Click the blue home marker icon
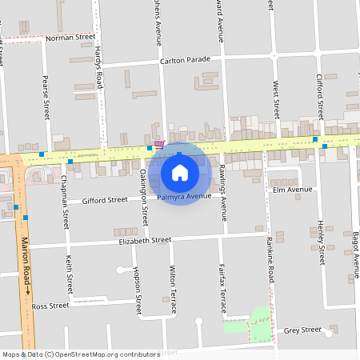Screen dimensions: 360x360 180,172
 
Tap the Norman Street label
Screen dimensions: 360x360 70,37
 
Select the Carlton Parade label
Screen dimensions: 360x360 185,59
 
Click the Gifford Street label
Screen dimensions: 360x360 105,200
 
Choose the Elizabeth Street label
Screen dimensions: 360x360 145,240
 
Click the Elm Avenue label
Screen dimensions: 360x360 292,190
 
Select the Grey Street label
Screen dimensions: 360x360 302,330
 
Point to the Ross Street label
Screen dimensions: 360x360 50,306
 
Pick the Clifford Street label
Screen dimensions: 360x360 320,94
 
